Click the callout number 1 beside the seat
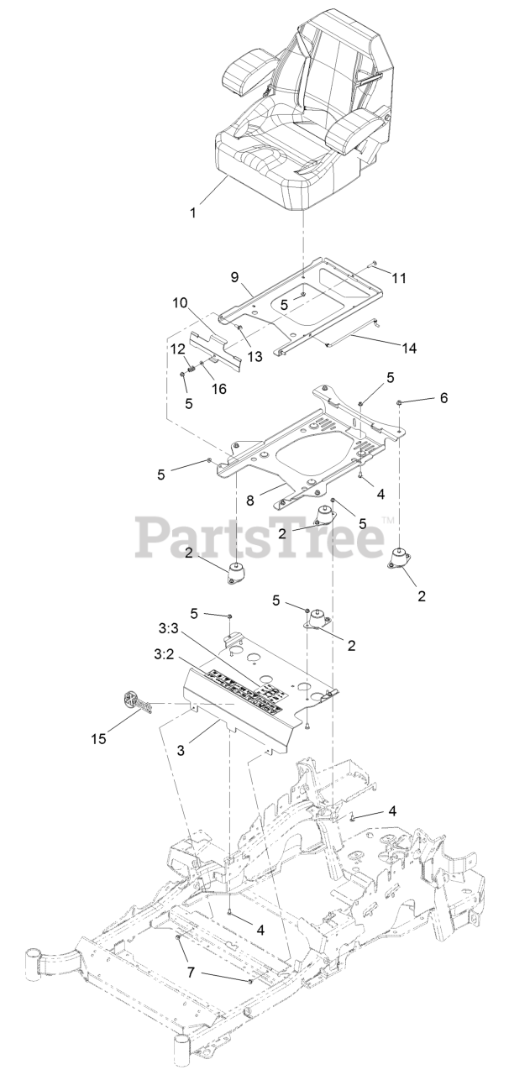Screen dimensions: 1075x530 (x=193, y=212)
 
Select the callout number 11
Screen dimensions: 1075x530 (x=398, y=277)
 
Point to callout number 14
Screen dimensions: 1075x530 (x=409, y=346)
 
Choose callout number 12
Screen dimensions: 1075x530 (x=179, y=349)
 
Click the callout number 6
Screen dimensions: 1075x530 (x=443, y=398)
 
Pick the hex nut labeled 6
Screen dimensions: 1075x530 (x=400, y=403)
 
